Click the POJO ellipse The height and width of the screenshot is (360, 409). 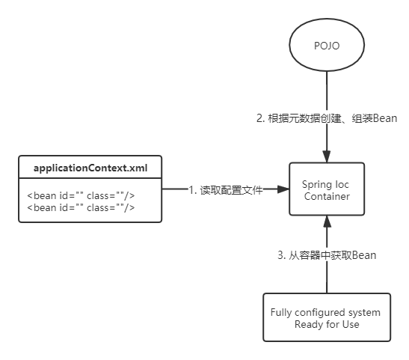[x=327, y=45]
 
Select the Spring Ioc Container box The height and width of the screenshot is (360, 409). [x=327, y=189]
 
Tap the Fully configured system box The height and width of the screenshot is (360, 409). [x=327, y=317]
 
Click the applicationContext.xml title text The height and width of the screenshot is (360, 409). [x=90, y=168]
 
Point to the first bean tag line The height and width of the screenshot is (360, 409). [x=81, y=195]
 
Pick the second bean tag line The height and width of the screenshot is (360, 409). [x=81, y=208]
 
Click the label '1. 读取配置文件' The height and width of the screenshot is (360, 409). [x=226, y=190]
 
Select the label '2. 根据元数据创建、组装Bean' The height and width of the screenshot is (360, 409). [x=327, y=118]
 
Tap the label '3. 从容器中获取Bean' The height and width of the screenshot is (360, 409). [x=327, y=255]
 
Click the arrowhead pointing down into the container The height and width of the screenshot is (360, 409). [x=327, y=156]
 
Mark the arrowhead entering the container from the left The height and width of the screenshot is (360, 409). [x=283, y=189]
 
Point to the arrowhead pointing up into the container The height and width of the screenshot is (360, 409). [x=327, y=222]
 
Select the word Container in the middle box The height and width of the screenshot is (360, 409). [x=327, y=196]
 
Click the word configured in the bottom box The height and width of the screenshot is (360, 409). [x=320, y=313]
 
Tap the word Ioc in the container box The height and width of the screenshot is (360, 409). [x=342, y=185]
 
